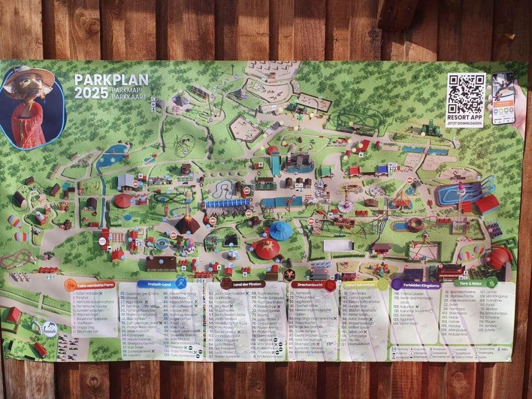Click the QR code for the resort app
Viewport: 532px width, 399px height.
pos(466,94)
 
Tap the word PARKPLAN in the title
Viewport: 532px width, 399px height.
pos(111,80)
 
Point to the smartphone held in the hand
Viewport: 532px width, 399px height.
pos(503,98)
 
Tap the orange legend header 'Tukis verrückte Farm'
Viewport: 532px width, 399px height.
pos(91,285)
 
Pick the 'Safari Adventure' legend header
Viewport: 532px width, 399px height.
pos(362,285)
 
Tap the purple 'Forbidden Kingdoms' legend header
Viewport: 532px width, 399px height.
pos(417,285)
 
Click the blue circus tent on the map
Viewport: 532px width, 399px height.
pos(281,230)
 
